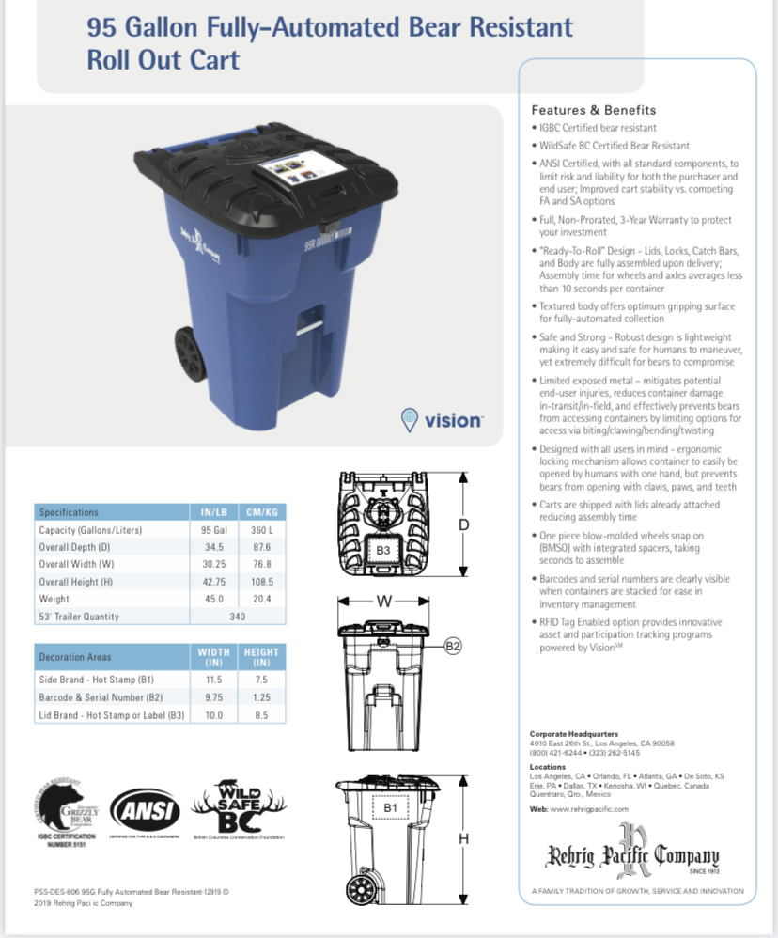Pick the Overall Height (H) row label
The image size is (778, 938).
77,582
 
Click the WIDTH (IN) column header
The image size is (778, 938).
213,656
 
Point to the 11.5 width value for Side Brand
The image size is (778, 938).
213,680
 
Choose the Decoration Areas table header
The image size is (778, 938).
75,656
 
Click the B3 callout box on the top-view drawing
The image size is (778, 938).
383,549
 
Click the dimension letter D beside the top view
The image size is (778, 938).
463,524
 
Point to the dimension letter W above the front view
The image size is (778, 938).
383,602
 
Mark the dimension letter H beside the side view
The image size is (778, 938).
463,838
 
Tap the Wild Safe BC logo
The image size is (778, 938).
238,805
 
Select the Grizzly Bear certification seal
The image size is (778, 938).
68,809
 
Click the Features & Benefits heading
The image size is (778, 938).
594,110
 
